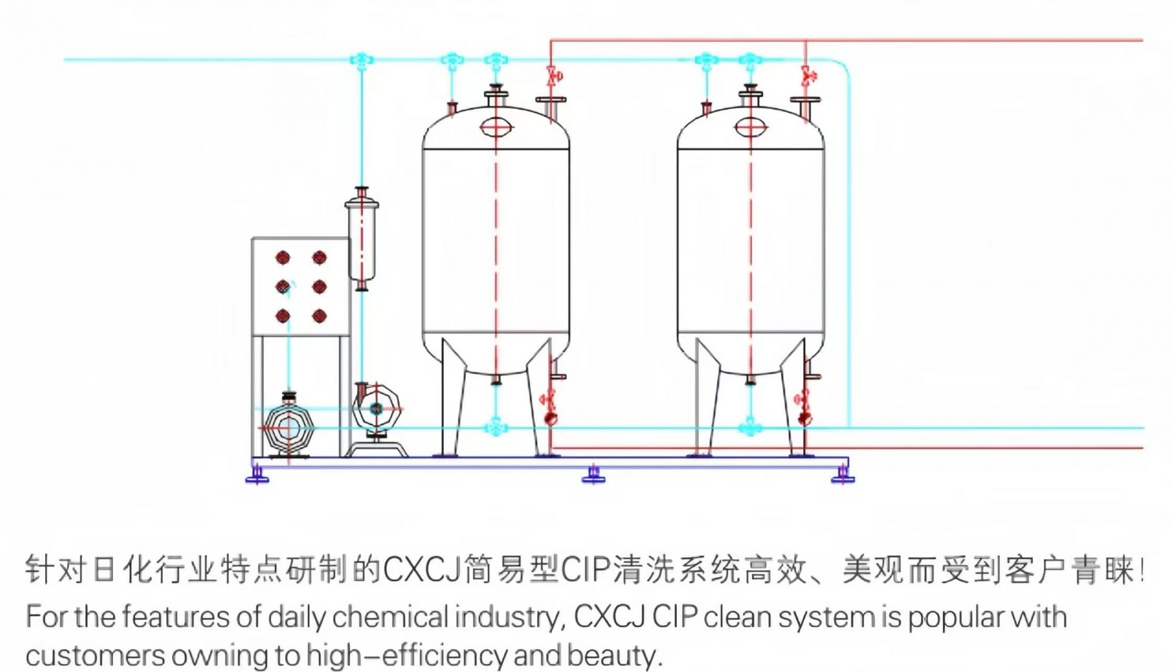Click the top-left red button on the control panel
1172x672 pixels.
click(282, 258)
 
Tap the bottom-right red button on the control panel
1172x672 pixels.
click(319, 316)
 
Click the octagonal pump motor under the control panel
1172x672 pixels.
click(289, 428)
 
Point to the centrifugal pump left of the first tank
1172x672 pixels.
click(376, 409)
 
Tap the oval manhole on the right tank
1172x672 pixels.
click(750, 127)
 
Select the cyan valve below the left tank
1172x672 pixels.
click(496, 428)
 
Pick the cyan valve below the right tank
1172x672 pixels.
click(750, 428)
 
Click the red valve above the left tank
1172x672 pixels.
click(554, 76)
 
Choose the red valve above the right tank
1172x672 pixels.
click(808, 76)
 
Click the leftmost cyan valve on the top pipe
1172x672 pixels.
click(361, 60)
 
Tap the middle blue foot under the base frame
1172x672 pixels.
click(593, 474)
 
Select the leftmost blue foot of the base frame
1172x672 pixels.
click(257, 474)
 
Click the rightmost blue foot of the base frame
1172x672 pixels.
click(843, 474)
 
